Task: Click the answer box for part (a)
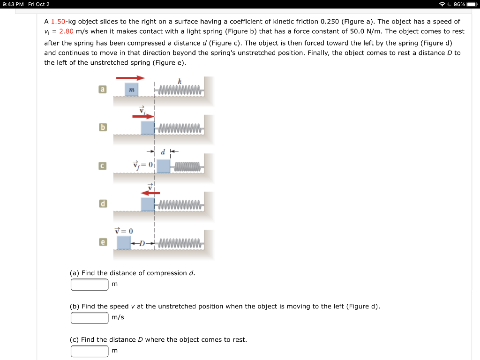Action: point(90,285)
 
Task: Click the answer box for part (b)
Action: point(90,318)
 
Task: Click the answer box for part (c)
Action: point(90,351)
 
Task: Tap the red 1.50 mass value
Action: point(58,22)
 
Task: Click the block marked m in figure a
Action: point(132,90)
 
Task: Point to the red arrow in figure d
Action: point(151,193)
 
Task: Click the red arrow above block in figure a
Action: point(130,78)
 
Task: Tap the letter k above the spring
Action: point(180,82)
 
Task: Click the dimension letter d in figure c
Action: point(163,152)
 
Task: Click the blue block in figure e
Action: point(124,242)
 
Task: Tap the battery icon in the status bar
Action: point(472,4)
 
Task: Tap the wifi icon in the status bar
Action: point(442,4)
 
